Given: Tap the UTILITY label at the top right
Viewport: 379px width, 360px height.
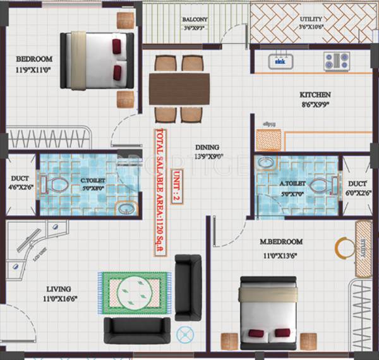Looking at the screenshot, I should tap(311, 20).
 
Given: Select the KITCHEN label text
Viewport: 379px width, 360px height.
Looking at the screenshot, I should tap(315, 95).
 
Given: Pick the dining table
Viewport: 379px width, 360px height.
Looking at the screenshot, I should tap(179, 88).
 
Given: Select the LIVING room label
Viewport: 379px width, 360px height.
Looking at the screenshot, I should tap(57, 289).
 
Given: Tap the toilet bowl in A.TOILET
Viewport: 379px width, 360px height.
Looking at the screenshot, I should tap(320, 186).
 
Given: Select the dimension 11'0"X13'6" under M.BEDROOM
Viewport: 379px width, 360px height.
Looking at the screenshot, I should tap(281, 256).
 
